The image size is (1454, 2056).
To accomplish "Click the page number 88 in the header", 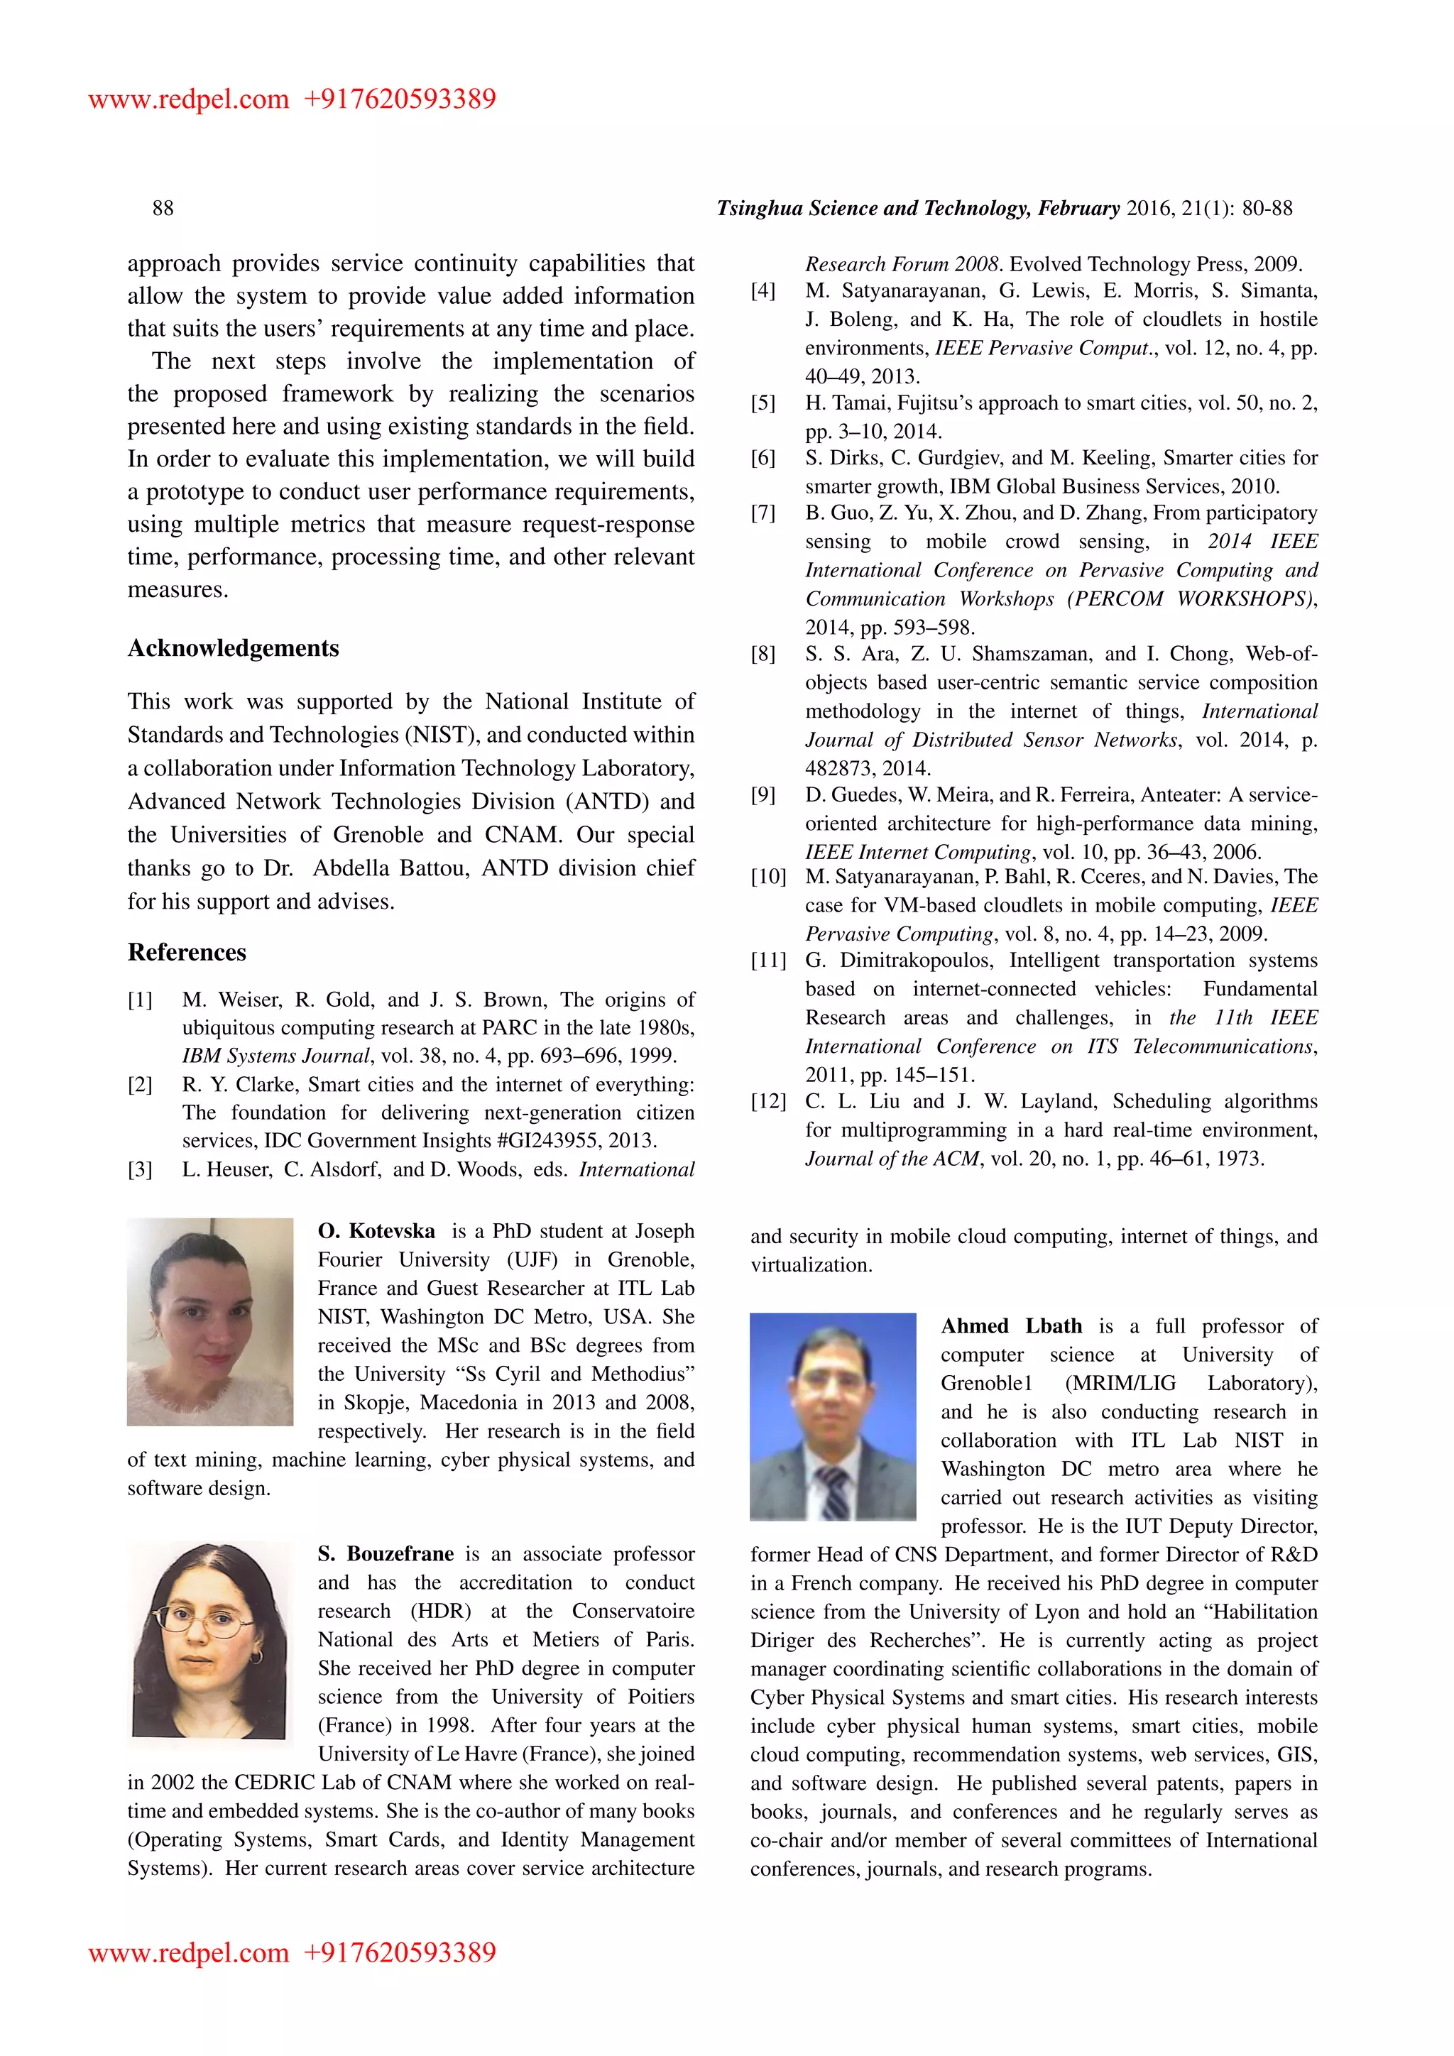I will [163, 209].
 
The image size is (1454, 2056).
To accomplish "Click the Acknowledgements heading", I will [233, 648].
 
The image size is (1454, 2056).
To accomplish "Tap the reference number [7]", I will [762, 513].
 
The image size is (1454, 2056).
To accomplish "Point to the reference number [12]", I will [767, 1101].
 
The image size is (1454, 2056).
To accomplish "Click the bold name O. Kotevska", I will [376, 1231].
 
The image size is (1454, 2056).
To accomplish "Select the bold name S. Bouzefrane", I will [385, 1553].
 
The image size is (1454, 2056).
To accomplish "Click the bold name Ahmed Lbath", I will [1011, 1326].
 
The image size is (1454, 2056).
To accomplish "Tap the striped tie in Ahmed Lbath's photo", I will [833, 1491].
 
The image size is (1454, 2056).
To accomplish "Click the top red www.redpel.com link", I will [188, 99].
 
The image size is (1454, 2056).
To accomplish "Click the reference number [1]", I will [140, 1000].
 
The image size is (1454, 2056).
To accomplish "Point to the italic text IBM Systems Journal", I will [275, 1056].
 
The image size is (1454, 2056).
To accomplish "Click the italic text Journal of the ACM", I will [892, 1159].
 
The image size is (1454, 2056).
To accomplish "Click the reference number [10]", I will [767, 877].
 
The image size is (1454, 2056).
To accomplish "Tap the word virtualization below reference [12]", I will [810, 1265].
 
